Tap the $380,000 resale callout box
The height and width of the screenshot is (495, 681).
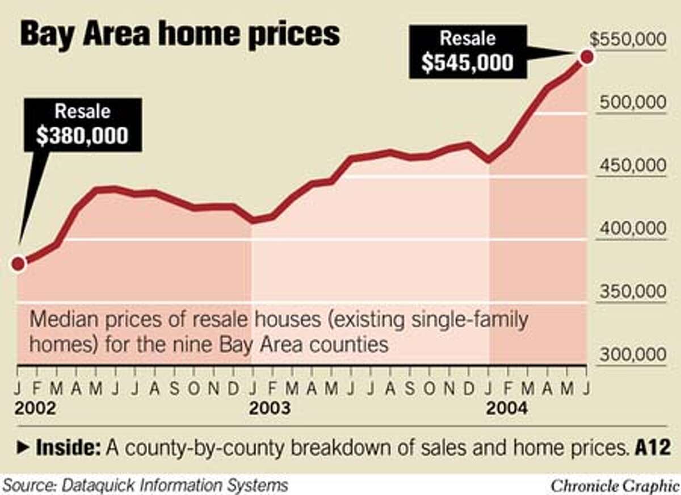click(x=82, y=124)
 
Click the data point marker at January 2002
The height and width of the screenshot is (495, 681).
click(x=18, y=263)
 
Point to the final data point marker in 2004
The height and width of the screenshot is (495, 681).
click(x=587, y=56)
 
